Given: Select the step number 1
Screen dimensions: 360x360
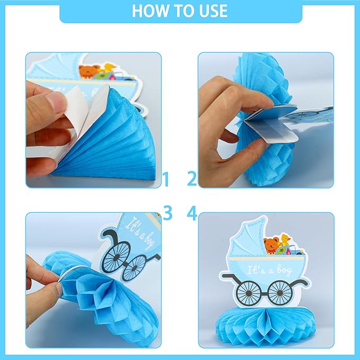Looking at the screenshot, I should coord(166,180).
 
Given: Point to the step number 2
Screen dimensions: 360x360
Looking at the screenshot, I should coord(192,180).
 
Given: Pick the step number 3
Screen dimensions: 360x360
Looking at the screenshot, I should coord(168,213).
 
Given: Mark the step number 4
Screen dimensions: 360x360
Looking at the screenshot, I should coord(192,213).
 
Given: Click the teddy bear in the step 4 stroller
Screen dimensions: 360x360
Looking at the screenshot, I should coord(272,245).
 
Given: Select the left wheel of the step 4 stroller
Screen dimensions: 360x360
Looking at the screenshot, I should coord(247,291).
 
